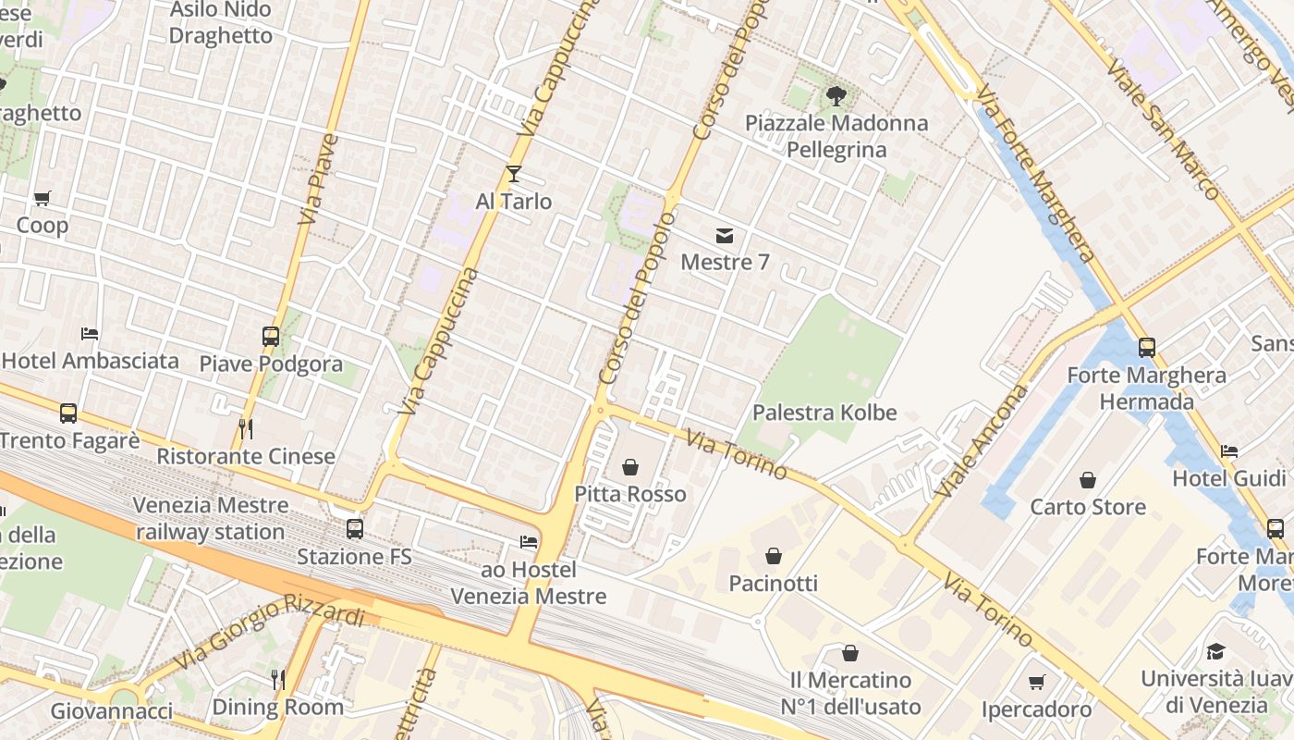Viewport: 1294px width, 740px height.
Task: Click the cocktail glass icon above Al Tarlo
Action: coord(514,174)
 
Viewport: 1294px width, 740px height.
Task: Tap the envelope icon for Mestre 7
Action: coord(725,236)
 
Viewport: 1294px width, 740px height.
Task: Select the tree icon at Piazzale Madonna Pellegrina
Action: coord(836,94)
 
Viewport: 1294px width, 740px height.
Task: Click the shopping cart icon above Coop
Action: coord(42,199)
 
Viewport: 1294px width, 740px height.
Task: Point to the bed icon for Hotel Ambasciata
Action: coord(90,334)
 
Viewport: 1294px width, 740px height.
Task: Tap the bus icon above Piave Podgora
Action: coord(271,337)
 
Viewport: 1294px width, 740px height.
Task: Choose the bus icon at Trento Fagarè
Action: coord(68,413)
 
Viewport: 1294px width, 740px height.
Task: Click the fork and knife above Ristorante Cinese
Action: coord(246,428)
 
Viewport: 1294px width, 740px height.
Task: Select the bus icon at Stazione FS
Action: coord(355,529)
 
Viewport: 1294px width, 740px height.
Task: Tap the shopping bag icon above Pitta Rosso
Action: coord(630,467)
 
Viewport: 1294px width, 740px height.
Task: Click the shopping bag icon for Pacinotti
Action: coord(774,556)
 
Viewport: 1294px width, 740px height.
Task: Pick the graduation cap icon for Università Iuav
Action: coord(1215,652)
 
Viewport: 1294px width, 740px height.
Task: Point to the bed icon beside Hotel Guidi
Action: coord(1229,451)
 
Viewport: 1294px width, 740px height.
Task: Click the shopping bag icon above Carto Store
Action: coord(1088,480)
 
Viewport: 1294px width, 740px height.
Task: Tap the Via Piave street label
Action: coord(319,180)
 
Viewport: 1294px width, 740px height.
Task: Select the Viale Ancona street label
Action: coord(981,441)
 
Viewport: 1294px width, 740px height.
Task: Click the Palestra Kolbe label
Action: coord(824,413)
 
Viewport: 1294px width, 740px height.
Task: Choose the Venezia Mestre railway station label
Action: coord(210,519)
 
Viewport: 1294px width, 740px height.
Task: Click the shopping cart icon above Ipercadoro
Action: coord(1036,683)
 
